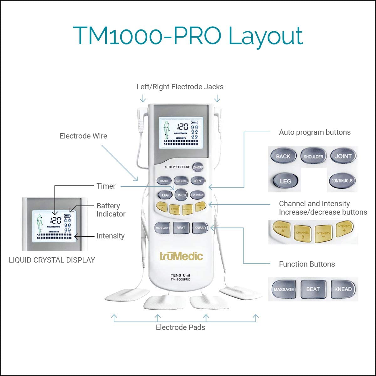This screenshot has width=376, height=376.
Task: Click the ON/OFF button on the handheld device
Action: click(198, 167)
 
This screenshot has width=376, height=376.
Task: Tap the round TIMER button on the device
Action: click(181, 195)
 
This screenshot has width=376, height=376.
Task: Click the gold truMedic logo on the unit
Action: click(181, 256)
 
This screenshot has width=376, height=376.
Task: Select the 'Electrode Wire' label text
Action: click(83, 136)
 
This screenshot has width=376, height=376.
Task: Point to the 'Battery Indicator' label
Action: click(111, 210)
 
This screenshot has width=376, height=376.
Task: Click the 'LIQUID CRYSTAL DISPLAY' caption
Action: click(52, 260)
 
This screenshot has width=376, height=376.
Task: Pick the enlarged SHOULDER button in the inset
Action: click(313, 156)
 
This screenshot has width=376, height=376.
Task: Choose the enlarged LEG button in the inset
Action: click(285, 181)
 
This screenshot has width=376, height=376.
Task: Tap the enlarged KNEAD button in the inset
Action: click(343, 289)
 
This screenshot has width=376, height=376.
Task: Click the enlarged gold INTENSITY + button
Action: click(344, 228)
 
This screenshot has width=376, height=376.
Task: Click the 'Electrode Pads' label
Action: click(180, 327)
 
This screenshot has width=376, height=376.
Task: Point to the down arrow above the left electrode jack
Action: click(143, 98)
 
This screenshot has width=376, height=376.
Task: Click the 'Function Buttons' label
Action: click(307, 264)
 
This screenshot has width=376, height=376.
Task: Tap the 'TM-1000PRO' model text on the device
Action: click(180, 279)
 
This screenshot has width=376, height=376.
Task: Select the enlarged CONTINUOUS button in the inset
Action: click(342, 180)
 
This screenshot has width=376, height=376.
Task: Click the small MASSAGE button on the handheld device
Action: click(162, 228)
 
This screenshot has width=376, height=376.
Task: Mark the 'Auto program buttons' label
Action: click(315, 132)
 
